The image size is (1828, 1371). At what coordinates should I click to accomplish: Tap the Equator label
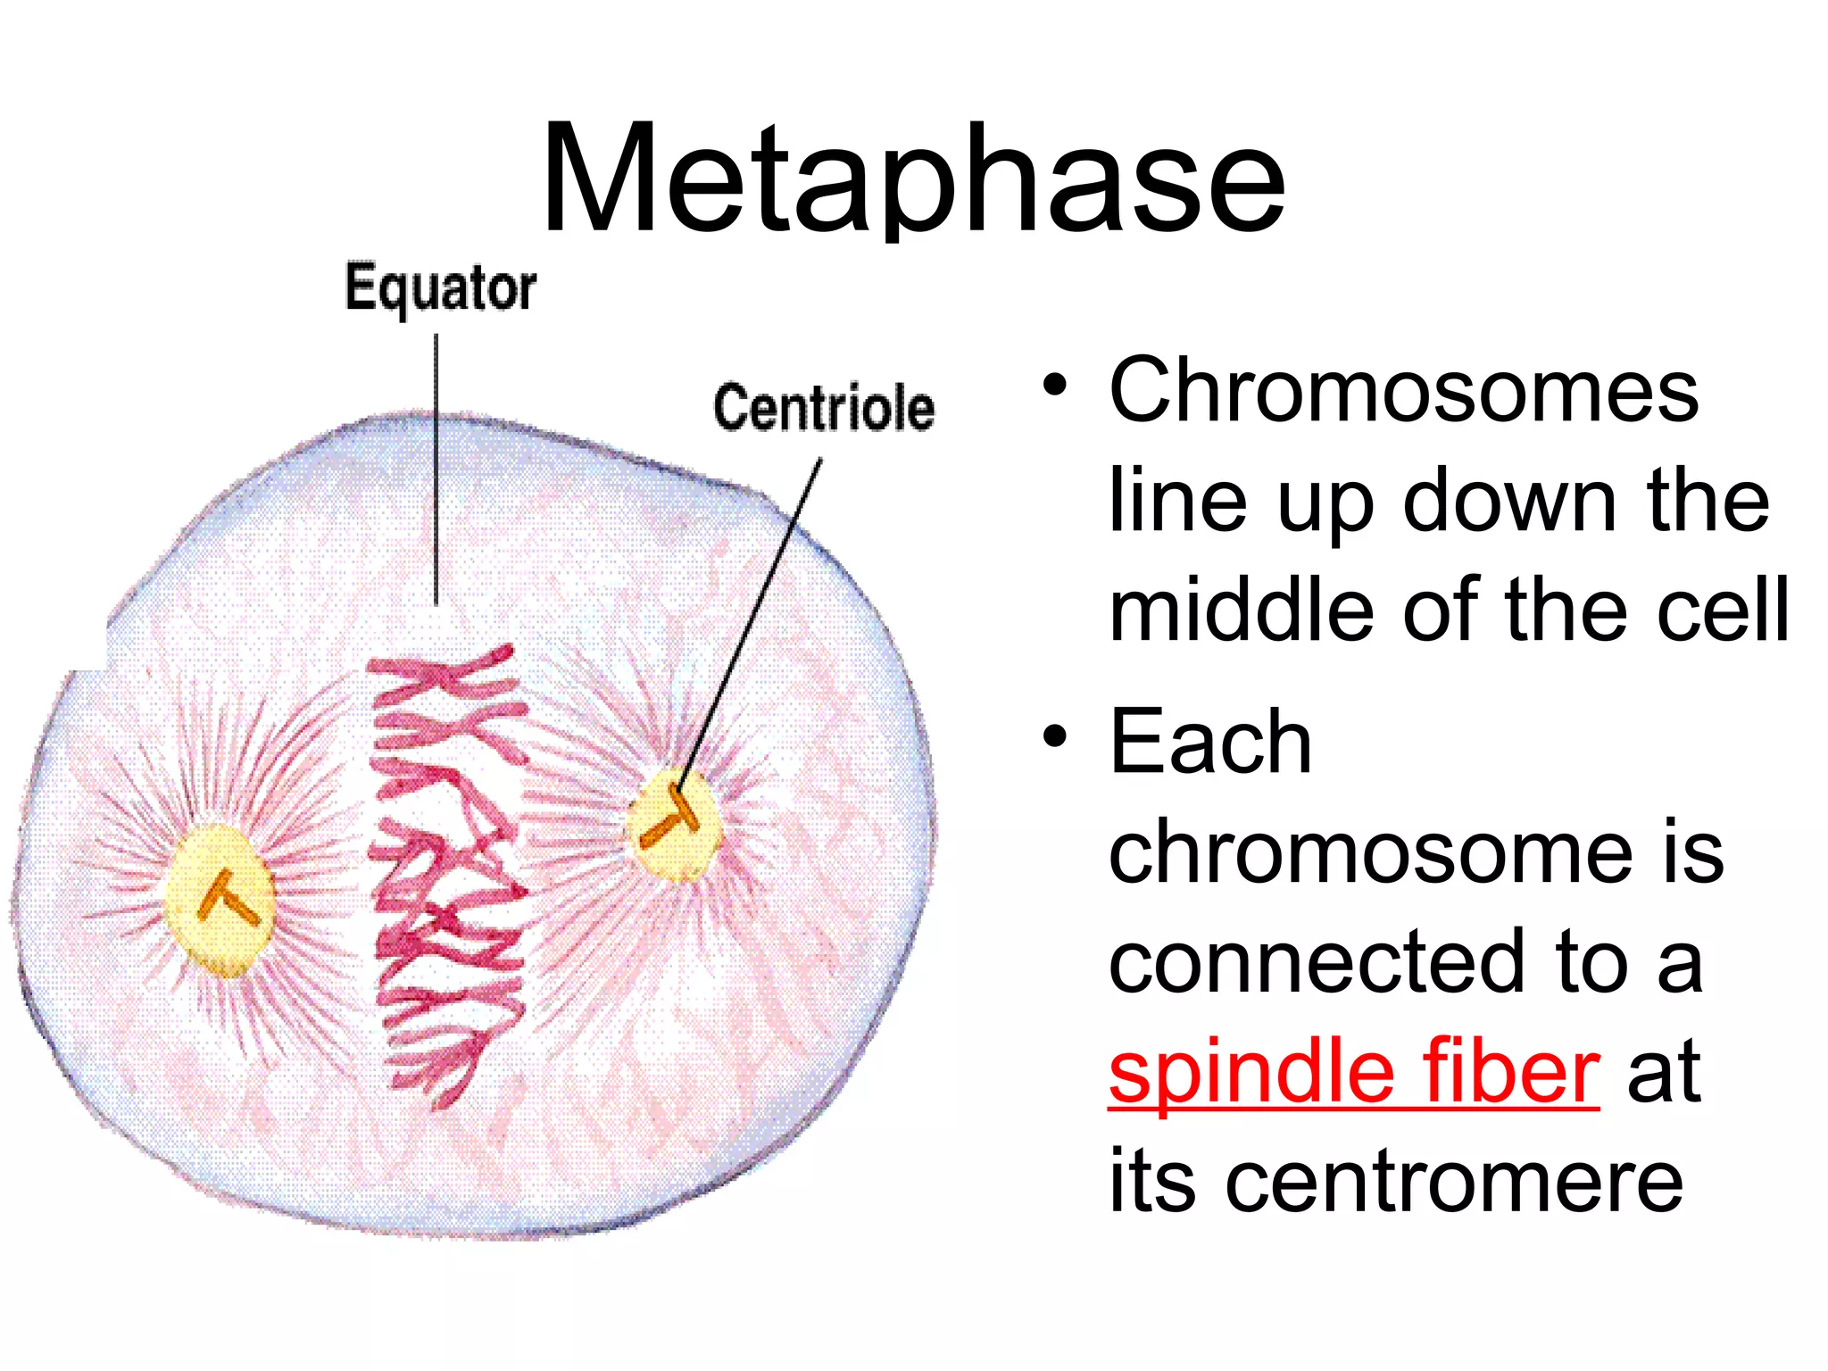click(x=441, y=288)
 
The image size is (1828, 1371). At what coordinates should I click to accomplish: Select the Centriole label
click(x=824, y=408)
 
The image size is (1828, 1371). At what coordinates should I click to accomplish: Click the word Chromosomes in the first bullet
click(x=1403, y=390)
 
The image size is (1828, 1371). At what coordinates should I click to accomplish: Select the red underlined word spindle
click(x=1251, y=1070)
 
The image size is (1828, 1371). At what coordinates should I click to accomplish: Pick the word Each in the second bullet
click(x=1209, y=741)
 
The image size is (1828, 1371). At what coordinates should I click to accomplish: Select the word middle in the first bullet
click(x=1242, y=610)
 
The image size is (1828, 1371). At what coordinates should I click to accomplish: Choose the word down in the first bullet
click(x=1509, y=501)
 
